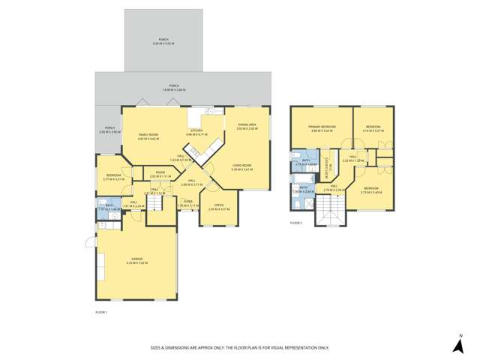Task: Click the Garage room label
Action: pos(137,261)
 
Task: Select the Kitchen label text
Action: pos(196,133)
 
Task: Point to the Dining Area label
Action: pos(247,127)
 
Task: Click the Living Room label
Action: pos(241,168)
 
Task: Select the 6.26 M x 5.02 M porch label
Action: pos(163,42)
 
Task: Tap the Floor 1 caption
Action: pos(101,310)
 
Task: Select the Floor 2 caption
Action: pos(297,223)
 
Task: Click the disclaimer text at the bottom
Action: pos(239,348)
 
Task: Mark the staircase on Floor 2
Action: pos(330,215)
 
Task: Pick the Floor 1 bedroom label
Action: pos(108,177)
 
